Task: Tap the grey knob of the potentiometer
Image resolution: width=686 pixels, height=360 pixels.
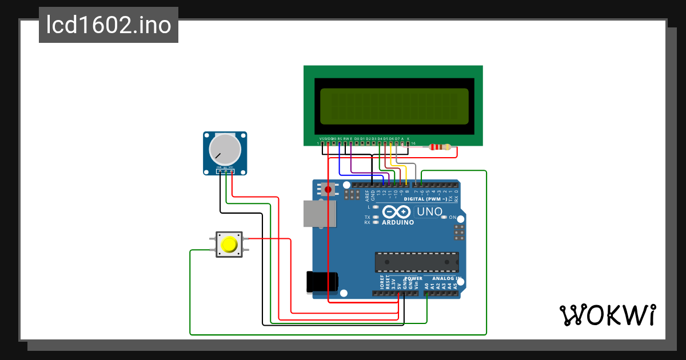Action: (224, 148)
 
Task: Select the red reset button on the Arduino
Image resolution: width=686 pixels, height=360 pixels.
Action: (328, 189)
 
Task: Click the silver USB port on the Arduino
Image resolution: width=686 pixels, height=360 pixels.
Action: (319, 214)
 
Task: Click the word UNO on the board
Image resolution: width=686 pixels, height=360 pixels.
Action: (430, 211)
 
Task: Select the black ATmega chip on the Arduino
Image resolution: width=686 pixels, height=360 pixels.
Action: (417, 262)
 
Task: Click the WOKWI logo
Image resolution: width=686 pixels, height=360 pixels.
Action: (607, 315)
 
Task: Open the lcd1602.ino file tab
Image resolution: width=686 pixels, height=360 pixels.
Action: (109, 25)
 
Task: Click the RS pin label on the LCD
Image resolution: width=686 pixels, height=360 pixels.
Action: (340, 138)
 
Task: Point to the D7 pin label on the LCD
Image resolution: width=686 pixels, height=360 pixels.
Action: (397, 138)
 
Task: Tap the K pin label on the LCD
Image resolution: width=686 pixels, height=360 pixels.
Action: (408, 138)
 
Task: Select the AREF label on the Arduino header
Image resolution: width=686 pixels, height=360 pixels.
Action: (367, 196)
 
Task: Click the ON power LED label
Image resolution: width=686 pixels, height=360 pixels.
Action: (452, 218)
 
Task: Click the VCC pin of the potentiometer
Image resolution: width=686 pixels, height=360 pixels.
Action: (232, 167)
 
